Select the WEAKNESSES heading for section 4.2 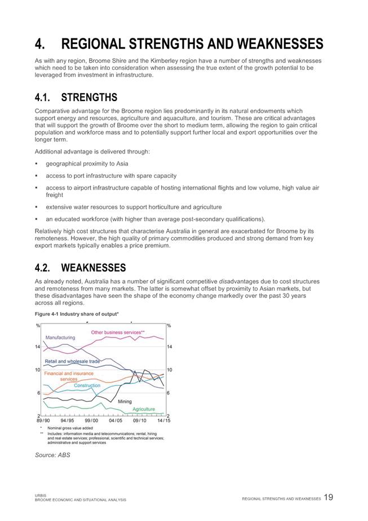[x=93, y=267]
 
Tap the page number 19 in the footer [x=329, y=497]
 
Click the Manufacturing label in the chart [x=60, y=337]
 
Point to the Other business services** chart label [x=118, y=332]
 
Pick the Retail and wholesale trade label [x=72, y=361]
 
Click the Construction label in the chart [x=87, y=386]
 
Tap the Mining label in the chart [x=125, y=401]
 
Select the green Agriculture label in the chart [x=143, y=409]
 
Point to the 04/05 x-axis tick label [x=116, y=421]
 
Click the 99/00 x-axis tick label [x=91, y=421]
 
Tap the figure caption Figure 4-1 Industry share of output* [x=77, y=313]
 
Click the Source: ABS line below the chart [x=52, y=454]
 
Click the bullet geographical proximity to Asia [x=87, y=164]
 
